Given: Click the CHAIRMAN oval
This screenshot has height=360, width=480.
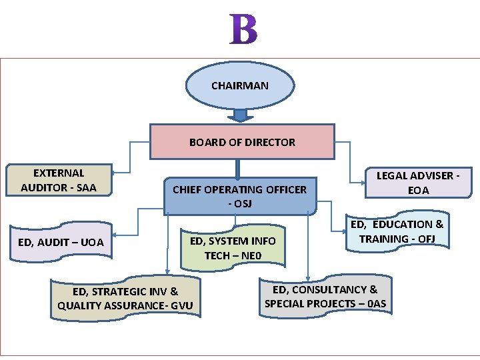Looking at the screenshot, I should [239, 85].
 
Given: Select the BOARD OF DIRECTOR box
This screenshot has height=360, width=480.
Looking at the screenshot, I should [242, 142].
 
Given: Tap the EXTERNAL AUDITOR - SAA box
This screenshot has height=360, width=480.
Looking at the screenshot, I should [59, 180].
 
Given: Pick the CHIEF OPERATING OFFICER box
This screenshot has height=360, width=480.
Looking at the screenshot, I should [239, 196].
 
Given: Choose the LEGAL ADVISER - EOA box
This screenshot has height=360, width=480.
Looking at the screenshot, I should [419, 183].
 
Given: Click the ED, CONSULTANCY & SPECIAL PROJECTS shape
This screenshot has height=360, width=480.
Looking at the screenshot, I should [325, 296].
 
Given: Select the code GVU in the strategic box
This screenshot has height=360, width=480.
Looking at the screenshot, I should [181, 306].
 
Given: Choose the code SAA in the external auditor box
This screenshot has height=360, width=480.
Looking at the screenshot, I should [86, 187].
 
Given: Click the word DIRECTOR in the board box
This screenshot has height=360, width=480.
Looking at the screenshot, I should [269, 142].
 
